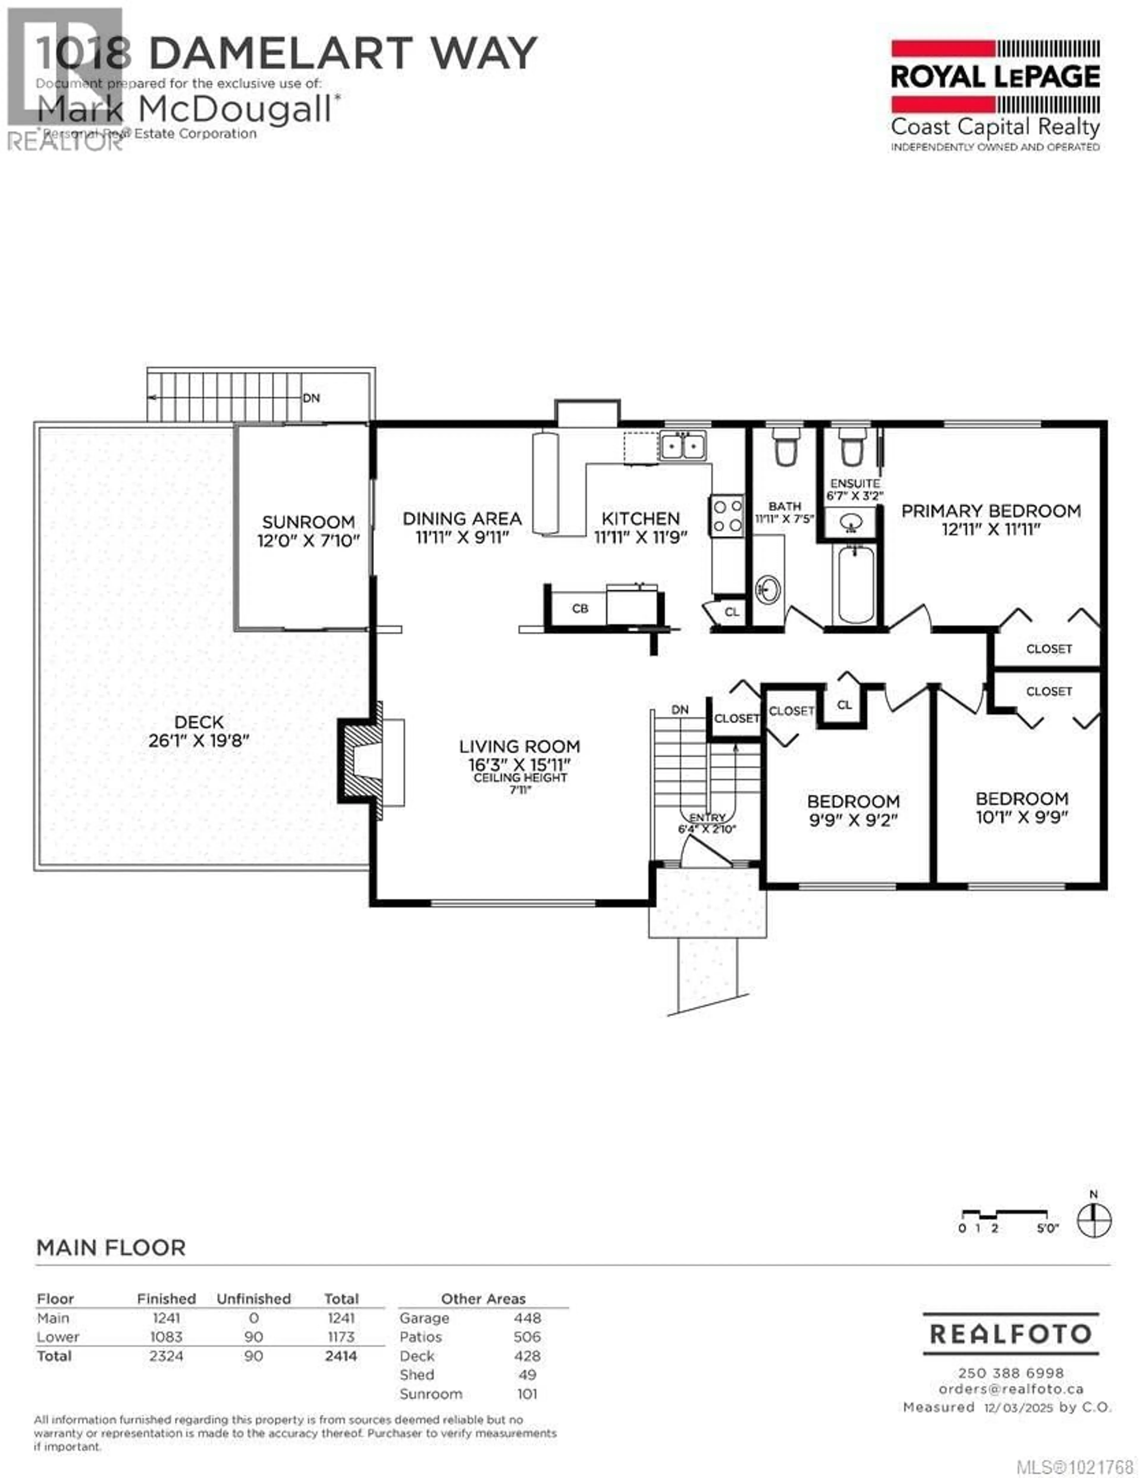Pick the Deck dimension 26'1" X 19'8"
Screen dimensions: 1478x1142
pyautogui.click(x=199, y=740)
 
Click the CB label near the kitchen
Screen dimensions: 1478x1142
pyautogui.click(x=580, y=609)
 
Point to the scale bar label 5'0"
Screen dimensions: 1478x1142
pyautogui.click(x=1048, y=1228)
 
